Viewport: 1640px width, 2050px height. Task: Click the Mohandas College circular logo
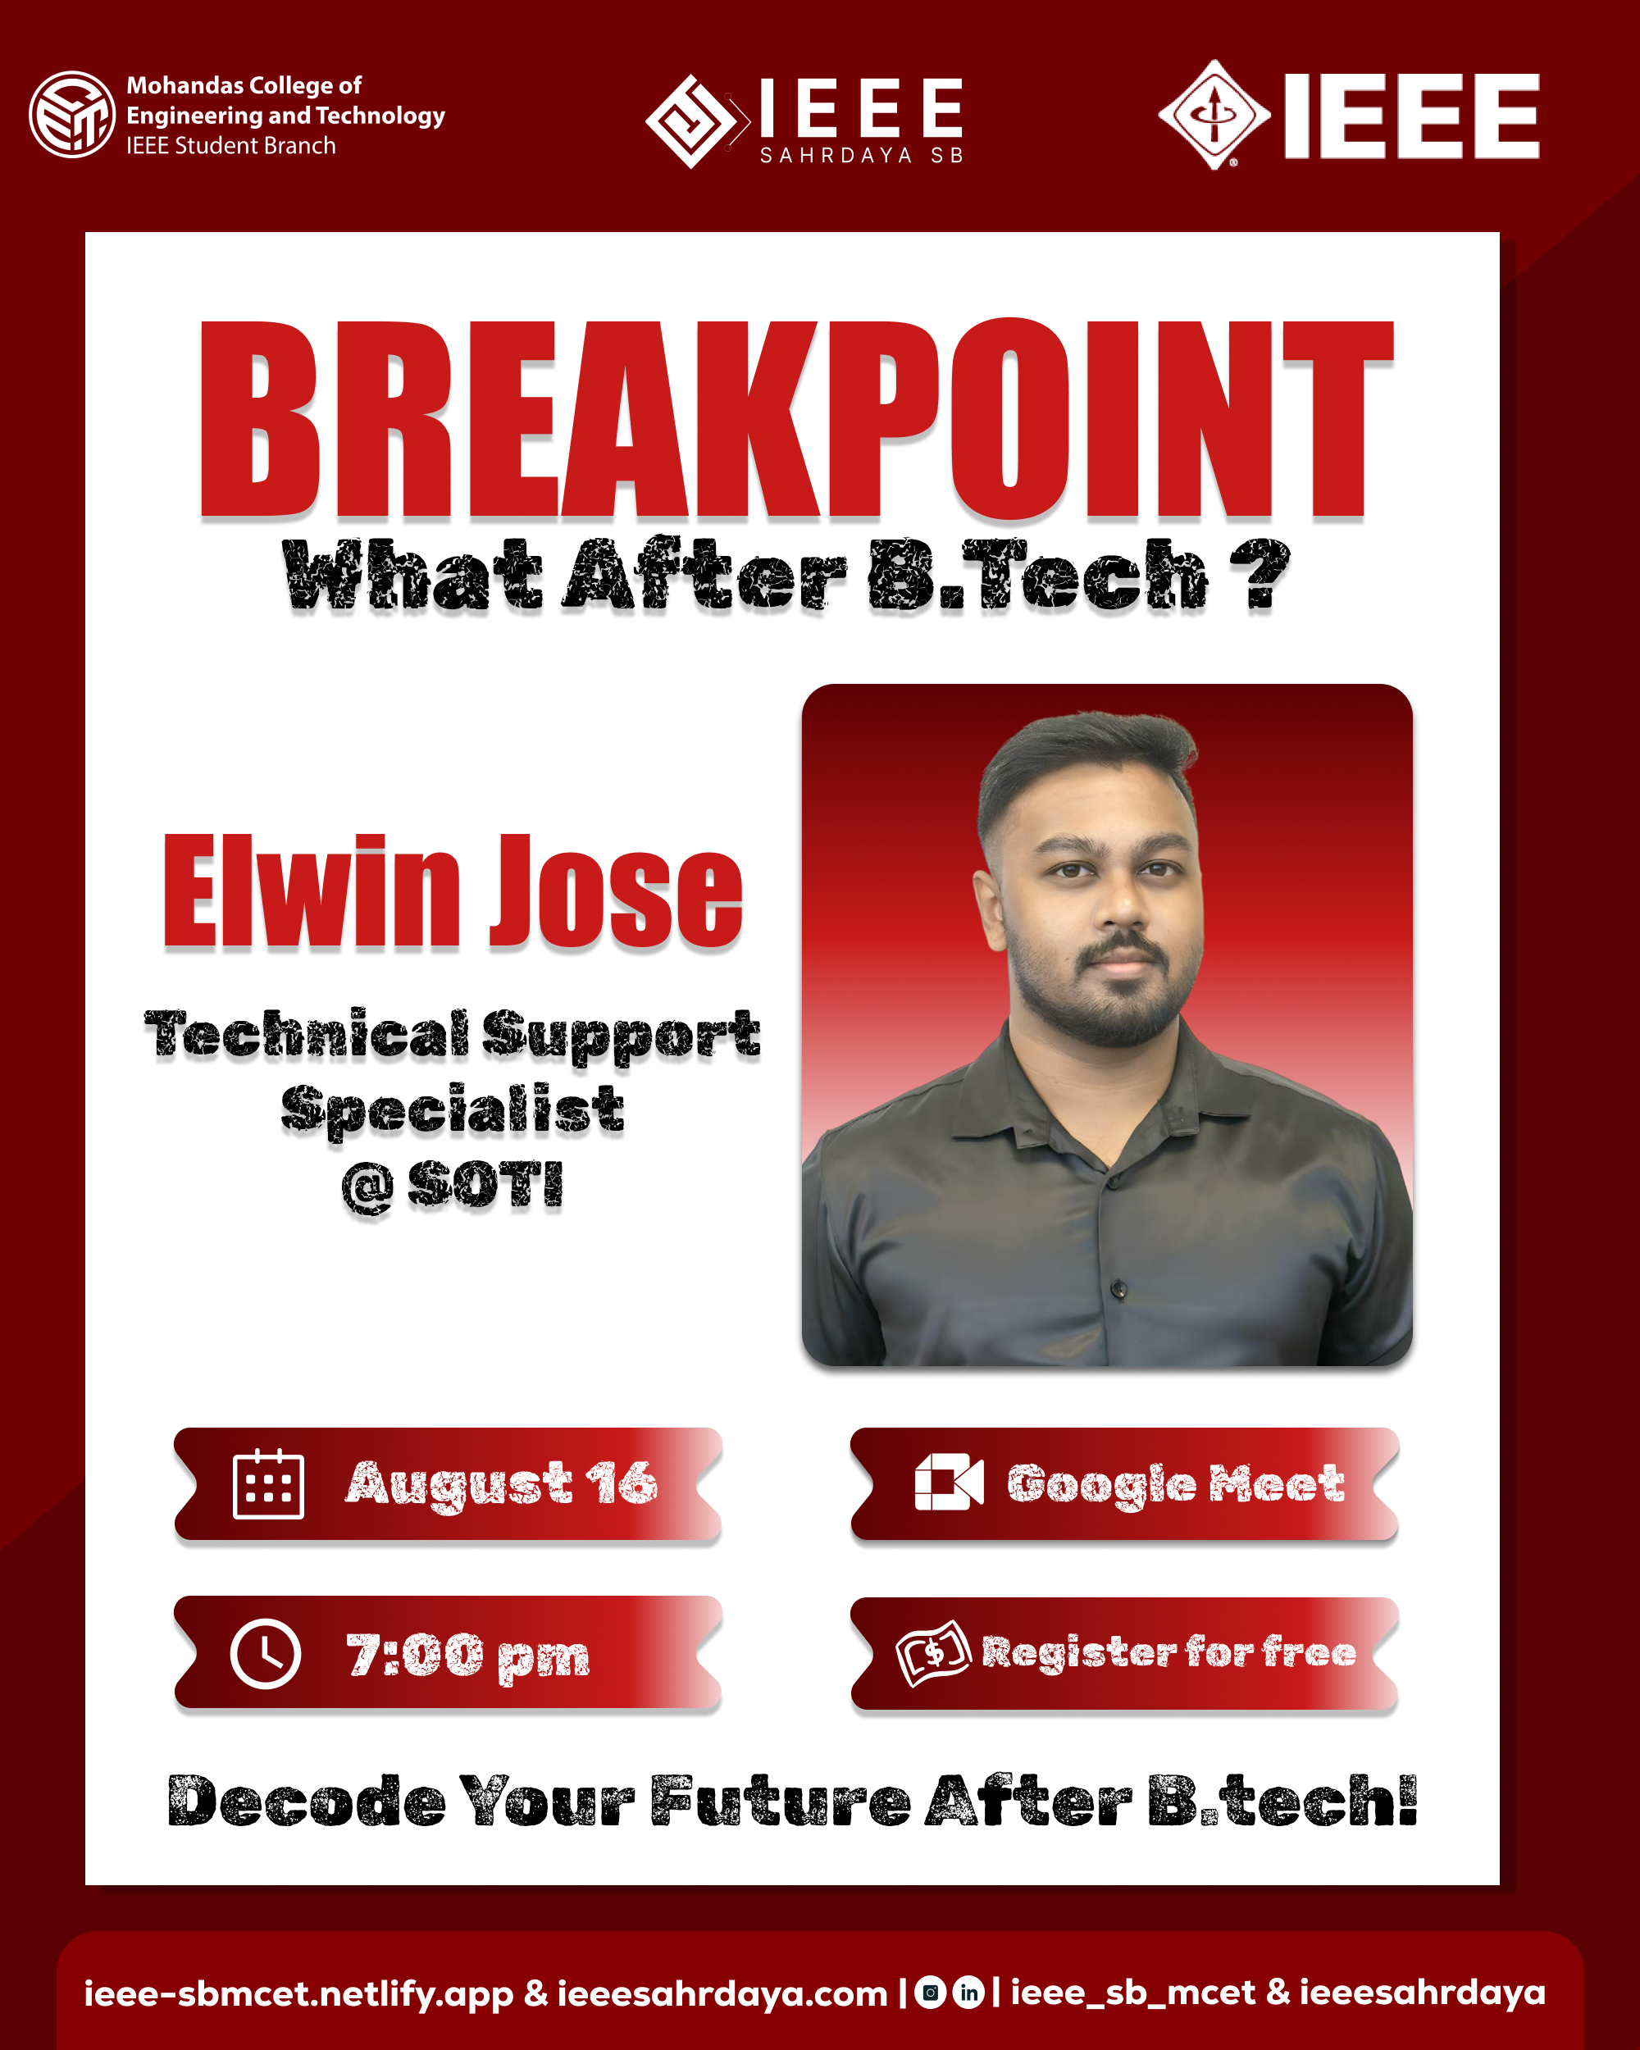pyautogui.click(x=72, y=114)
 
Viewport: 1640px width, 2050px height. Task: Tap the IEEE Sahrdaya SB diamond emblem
pyautogui.click(x=692, y=121)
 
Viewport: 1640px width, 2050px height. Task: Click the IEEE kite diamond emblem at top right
pyautogui.click(x=1214, y=115)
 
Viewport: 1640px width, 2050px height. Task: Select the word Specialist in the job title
pyautogui.click(x=453, y=1110)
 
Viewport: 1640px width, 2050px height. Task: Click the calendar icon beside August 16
pyautogui.click(x=268, y=1484)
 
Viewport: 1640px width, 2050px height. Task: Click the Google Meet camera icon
pyautogui.click(x=949, y=1483)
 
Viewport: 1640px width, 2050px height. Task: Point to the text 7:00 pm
pyautogui.click(x=467, y=1655)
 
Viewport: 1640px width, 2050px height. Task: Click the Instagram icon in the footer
pyautogui.click(x=930, y=1993)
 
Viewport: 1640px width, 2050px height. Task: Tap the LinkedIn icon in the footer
pyautogui.click(x=968, y=1993)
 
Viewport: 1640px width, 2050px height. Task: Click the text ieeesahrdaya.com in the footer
pyautogui.click(x=722, y=1993)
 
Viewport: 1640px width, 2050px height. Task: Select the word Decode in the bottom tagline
pyautogui.click(x=306, y=1801)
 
